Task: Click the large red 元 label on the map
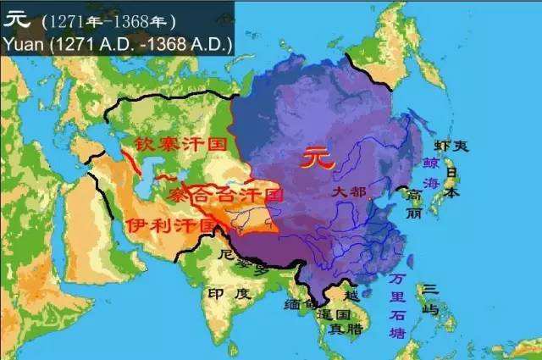click(x=320, y=158)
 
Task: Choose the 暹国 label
click(x=333, y=313)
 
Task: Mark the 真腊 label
click(x=341, y=330)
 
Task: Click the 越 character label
click(x=351, y=295)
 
